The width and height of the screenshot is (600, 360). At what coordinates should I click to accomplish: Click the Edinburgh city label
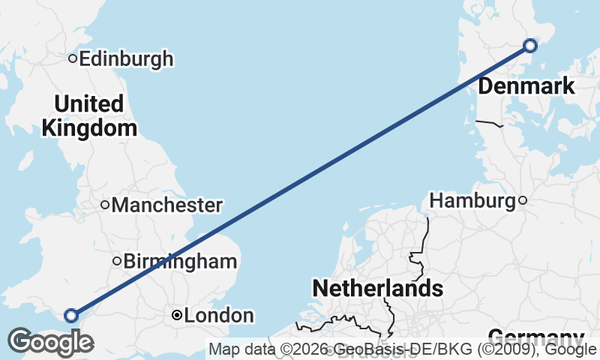(126, 58)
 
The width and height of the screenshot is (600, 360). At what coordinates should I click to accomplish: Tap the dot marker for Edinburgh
(73, 58)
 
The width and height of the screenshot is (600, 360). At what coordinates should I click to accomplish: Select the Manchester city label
(167, 205)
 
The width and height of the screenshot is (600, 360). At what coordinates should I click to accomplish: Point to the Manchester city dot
(106, 205)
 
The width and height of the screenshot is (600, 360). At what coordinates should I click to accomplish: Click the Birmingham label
(180, 262)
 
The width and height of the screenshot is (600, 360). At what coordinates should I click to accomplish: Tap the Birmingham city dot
(117, 262)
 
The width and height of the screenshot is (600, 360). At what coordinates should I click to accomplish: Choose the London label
(219, 316)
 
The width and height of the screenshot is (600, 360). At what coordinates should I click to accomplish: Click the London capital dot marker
(176, 316)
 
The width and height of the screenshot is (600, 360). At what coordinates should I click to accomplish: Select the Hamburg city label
(472, 200)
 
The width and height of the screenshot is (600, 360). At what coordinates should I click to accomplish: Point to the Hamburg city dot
(523, 200)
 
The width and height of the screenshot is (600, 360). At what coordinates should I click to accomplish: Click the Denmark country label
(526, 86)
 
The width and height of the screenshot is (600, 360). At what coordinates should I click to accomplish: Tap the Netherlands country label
(377, 288)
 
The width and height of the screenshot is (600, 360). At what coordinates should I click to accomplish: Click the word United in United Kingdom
(89, 103)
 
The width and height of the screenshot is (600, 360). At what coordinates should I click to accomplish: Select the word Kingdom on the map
(89, 128)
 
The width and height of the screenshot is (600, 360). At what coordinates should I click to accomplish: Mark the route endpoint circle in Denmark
(530, 46)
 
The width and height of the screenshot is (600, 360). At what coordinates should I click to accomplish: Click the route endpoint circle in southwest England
(71, 316)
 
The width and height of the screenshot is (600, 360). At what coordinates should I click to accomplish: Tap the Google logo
(50, 342)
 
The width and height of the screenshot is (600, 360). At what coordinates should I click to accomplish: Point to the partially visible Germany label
(535, 337)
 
